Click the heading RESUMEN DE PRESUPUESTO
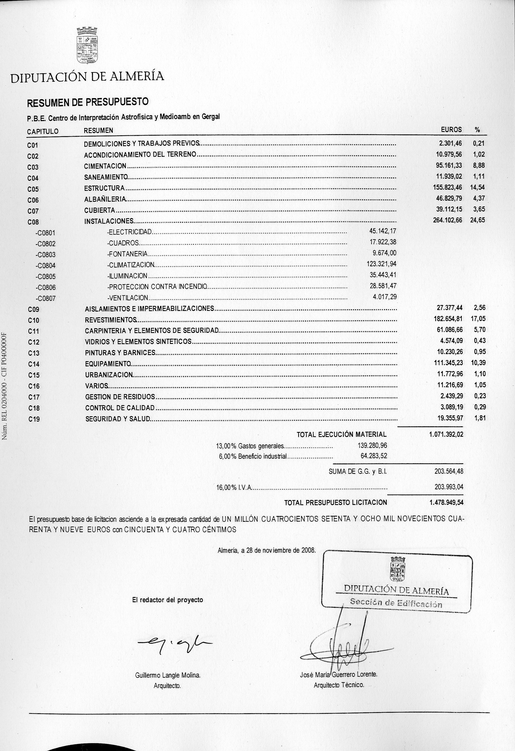(x=88, y=102)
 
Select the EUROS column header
(x=451, y=130)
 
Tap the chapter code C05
(x=33, y=189)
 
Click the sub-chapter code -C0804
(x=46, y=266)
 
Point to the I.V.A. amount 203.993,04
(x=448, y=487)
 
